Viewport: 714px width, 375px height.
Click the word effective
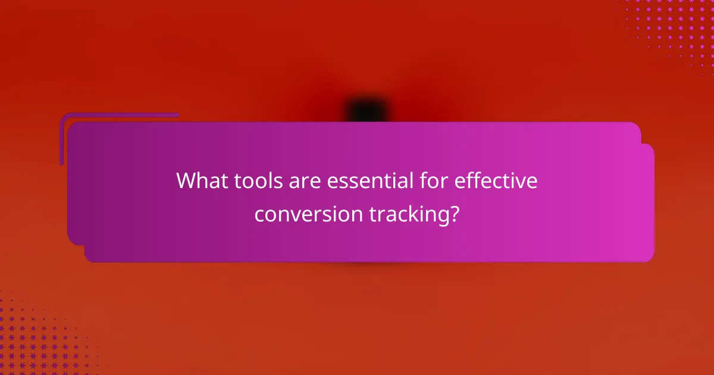click(x=496, y=181)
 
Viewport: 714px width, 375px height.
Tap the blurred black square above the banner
click(x=367, y=111)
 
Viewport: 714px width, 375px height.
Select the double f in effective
click(x=470, y=181)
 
